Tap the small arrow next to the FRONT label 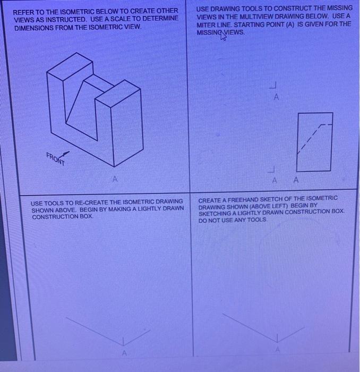[x=68, y=153]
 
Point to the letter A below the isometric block [x=113, y=180]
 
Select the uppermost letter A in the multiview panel [x=276, y=98]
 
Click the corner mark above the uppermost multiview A [x=274, y=86]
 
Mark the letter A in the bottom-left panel [x=124, y=352]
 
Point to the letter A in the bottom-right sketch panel [x=276, y=349]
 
